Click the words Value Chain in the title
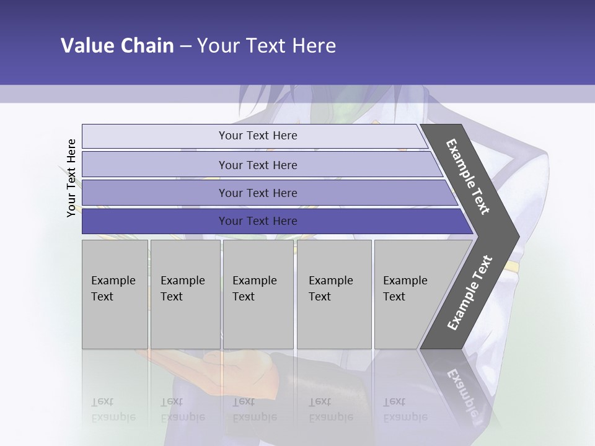pyautogui.click(x=117, y=46)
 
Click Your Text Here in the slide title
pyautogui.click(x=267, y=46)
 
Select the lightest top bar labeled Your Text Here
pyautogui.click(x=257, y=136)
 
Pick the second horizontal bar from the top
pyautogui.click(x=257, y=165)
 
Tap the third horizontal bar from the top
pyautogui.click(x=257, y=193)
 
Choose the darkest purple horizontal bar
pyautogui.click(x=257, y=221)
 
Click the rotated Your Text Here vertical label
pyautogui.click(x=71, y=178)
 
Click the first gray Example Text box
pyautogui.click(x=115, y=294)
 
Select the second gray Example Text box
pyautogui.click(x=185, y=294)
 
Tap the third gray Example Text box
pyautogui.click(x=258, y=294)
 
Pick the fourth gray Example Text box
pyautogui.click(x=334, y=294)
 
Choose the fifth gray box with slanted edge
pyautogui.click(x=409, y=294)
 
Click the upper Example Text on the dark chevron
pyautogui.click(x=469, y=177)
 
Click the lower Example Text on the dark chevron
pyautogui.click(x=470, y=292)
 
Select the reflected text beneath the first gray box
pyautogui.click(x=113, y=409)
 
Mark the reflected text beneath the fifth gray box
pyautogui.click(x=405, y=409)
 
